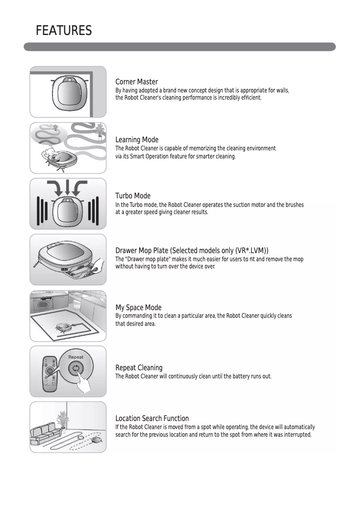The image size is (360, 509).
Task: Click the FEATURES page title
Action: [64, 31]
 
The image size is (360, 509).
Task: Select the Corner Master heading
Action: [136, 82]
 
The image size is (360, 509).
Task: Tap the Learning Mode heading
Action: [137, 140]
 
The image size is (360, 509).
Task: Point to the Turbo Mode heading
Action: [133, 196]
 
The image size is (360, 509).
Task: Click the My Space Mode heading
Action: [138, 307]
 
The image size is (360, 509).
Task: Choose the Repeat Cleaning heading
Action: [139, 368]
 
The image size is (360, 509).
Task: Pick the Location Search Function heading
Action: [152, 419]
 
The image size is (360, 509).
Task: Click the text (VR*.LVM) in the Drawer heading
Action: [252, 250]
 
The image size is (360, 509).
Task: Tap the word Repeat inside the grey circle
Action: [76, 357]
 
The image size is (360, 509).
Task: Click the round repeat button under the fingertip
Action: [75, 369]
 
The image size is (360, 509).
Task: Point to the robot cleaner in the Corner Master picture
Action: [69, 92]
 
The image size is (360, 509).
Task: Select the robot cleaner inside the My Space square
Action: [62, 327]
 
